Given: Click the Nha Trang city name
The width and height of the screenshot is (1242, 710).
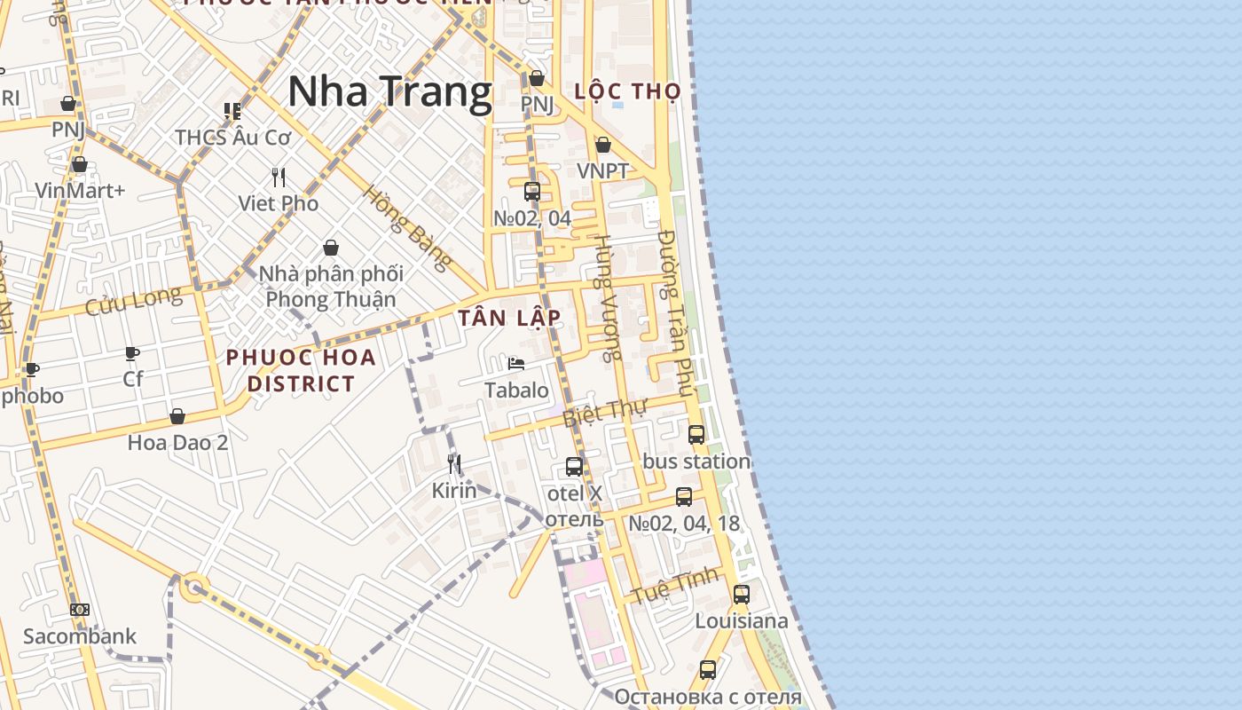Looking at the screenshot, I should click(x=389, y=91).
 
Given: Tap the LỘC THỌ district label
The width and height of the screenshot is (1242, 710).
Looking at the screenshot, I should click(x=627, y=91).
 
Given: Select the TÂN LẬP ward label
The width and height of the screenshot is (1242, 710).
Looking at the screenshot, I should click(x=509, y=318).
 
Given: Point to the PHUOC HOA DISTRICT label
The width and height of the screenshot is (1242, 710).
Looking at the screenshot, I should click(x=301, y=370).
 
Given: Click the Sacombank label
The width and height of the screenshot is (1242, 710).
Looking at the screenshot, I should click(x=80, y=636).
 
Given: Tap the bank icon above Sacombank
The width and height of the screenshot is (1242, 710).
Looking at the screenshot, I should click(x=80, y=610).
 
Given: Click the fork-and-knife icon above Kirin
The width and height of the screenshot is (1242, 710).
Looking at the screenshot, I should click(x=454, y=463).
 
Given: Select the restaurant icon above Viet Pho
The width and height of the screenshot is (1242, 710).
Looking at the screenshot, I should click(x=279, y=177).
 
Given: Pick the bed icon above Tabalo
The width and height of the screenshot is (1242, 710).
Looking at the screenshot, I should click(x=516, y=364).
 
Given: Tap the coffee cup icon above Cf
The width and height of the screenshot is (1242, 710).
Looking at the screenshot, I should click(x=132, y=354).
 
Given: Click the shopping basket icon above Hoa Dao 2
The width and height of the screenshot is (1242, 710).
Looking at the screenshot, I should click(x=177, y=416).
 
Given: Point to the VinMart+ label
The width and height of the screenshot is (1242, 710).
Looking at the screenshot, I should click(x=80, y=190).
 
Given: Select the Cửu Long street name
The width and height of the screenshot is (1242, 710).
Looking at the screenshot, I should click(x=133, y=301).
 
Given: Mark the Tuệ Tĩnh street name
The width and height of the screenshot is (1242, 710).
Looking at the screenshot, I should click(x=675, y=587).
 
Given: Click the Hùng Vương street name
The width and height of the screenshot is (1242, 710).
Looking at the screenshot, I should click(x=607, y=298).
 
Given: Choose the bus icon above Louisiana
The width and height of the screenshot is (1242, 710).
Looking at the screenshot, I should click(x=742, y=594).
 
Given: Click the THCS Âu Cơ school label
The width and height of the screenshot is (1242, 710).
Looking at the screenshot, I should click(x=232, y=138).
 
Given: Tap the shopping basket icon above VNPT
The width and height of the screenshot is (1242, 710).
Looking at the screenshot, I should click(x=603, y=145).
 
